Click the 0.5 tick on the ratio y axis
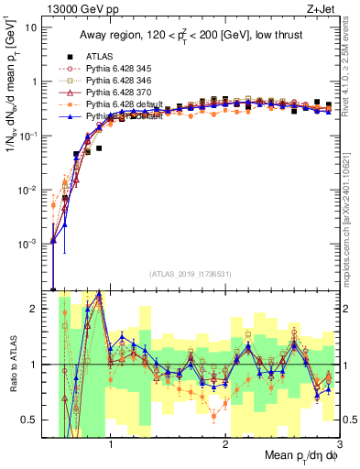pos(31,420)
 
